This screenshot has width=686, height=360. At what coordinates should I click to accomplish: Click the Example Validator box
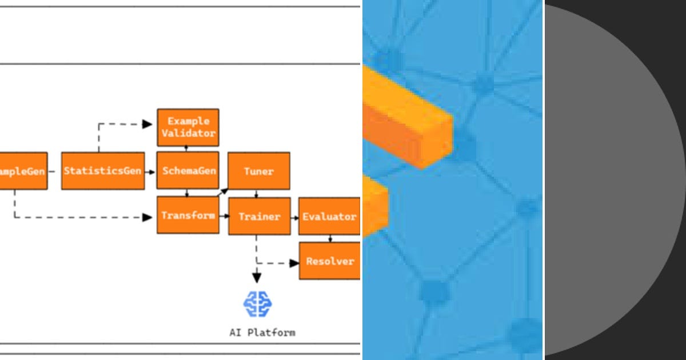pyautogui.click(x=188, y=127)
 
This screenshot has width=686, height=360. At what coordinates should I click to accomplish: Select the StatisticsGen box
pyautogui.click(x=102, y=171)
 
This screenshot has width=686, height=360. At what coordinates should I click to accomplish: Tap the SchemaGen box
pyautogui.click(x=188, y=170)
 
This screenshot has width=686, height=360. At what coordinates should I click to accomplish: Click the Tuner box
pyautogui.click(x=259, y=171)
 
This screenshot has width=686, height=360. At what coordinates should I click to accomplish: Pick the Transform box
pyautogui.click(x=188, y=215)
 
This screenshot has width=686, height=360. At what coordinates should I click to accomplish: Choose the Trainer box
pyautogui.click(x=259, y=216)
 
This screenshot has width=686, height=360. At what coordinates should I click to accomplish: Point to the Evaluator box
pyautogui.click(x=329, y=216)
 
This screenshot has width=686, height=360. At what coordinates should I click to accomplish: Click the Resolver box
pyautogui.click(x=330, y=261)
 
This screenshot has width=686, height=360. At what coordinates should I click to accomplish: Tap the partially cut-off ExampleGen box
pyautogui.click(x=22, y=171)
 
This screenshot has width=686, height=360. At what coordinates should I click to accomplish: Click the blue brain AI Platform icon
pyautogui.click(x=258, y=304)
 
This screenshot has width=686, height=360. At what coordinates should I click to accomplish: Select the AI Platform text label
pyautogui.click(x=262, y=332)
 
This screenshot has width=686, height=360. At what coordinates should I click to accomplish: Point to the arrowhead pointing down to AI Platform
pyautogui.click(x=257, y=278)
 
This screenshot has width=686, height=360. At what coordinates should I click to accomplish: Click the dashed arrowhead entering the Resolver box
pyautogui.click(x=294, y=263)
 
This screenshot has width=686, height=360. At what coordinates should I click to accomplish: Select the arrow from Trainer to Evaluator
pyautogui.click(x=294, y=217)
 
